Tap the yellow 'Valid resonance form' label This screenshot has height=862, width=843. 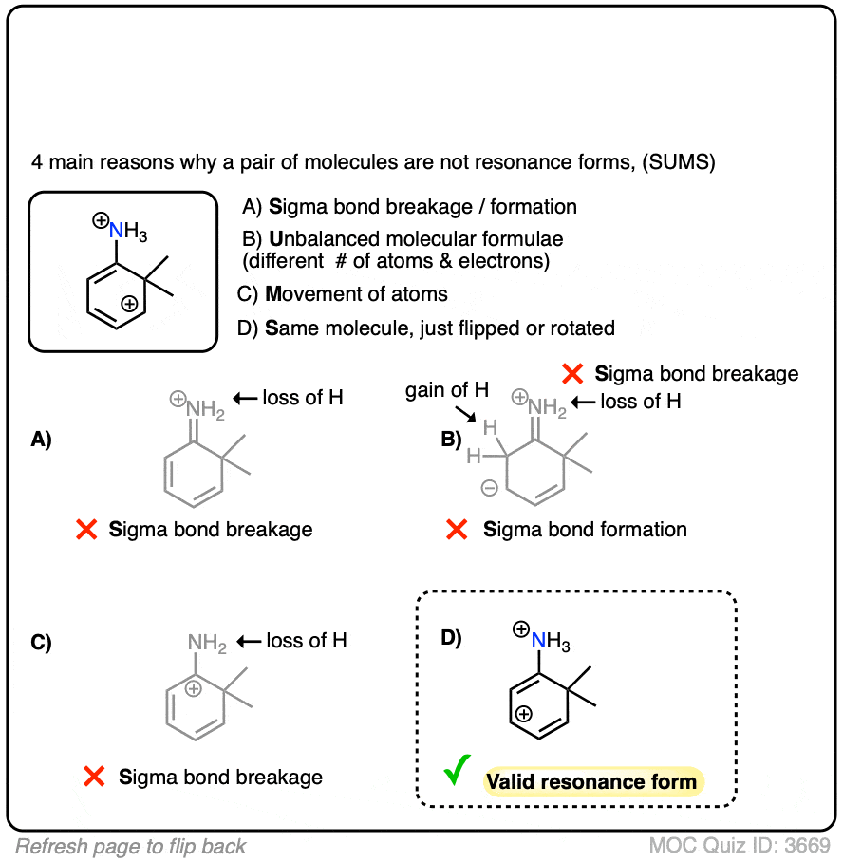tap(591, 782)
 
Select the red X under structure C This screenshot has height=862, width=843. tap(94, 778)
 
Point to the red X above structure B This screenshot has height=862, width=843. tap(571, 374)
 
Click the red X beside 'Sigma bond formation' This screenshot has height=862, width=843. tap(459, 530)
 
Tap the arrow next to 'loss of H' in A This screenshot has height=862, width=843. tap(247, 398)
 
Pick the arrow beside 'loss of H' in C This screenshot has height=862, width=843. tap(250, 641)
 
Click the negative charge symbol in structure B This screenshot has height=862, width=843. tap(489, 489)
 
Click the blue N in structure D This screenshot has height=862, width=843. tap(538, 642)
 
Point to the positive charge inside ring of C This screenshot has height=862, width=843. tap(194, 688)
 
